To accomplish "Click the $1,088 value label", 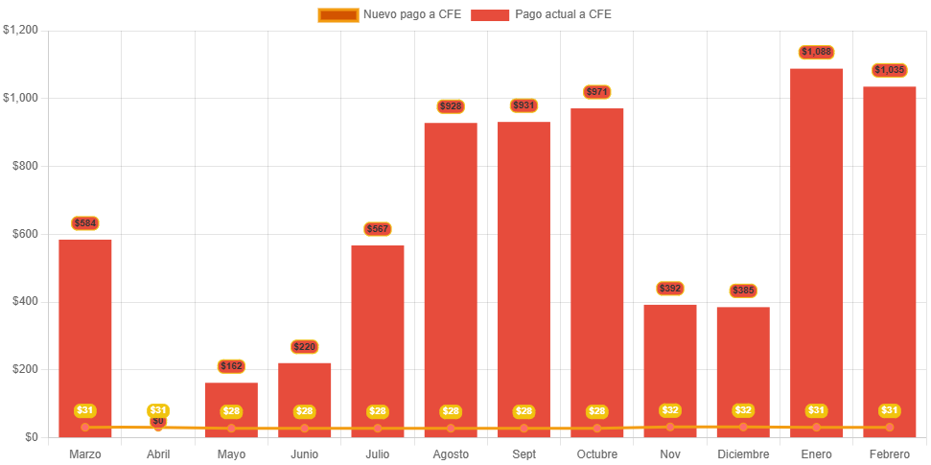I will (x=816, y=52).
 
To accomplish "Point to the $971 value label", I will (x=596, y=92).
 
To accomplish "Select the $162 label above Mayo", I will (x=231, y=366).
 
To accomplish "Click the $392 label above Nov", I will (x=670, y=289).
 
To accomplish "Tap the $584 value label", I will (x=85, y=223).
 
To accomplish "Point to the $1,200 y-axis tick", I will (x=20, y=30).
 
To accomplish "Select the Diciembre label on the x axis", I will (x=743, y=453).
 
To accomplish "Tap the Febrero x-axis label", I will (x=889, y=453).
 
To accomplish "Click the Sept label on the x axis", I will (x=524, y=453).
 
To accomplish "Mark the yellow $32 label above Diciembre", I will (x=743, y=410).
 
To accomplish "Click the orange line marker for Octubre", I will (x=596, y=428).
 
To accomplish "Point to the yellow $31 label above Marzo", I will (x=85, y=410).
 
